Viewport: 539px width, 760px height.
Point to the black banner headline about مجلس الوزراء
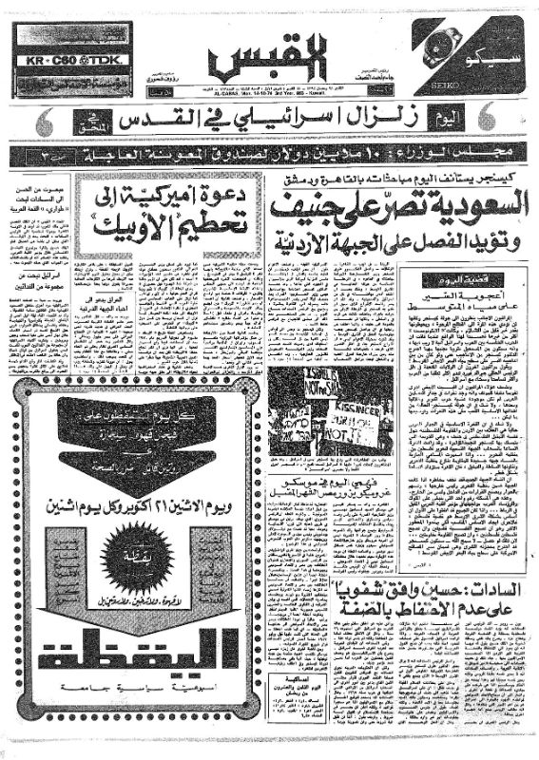point(269,153)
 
